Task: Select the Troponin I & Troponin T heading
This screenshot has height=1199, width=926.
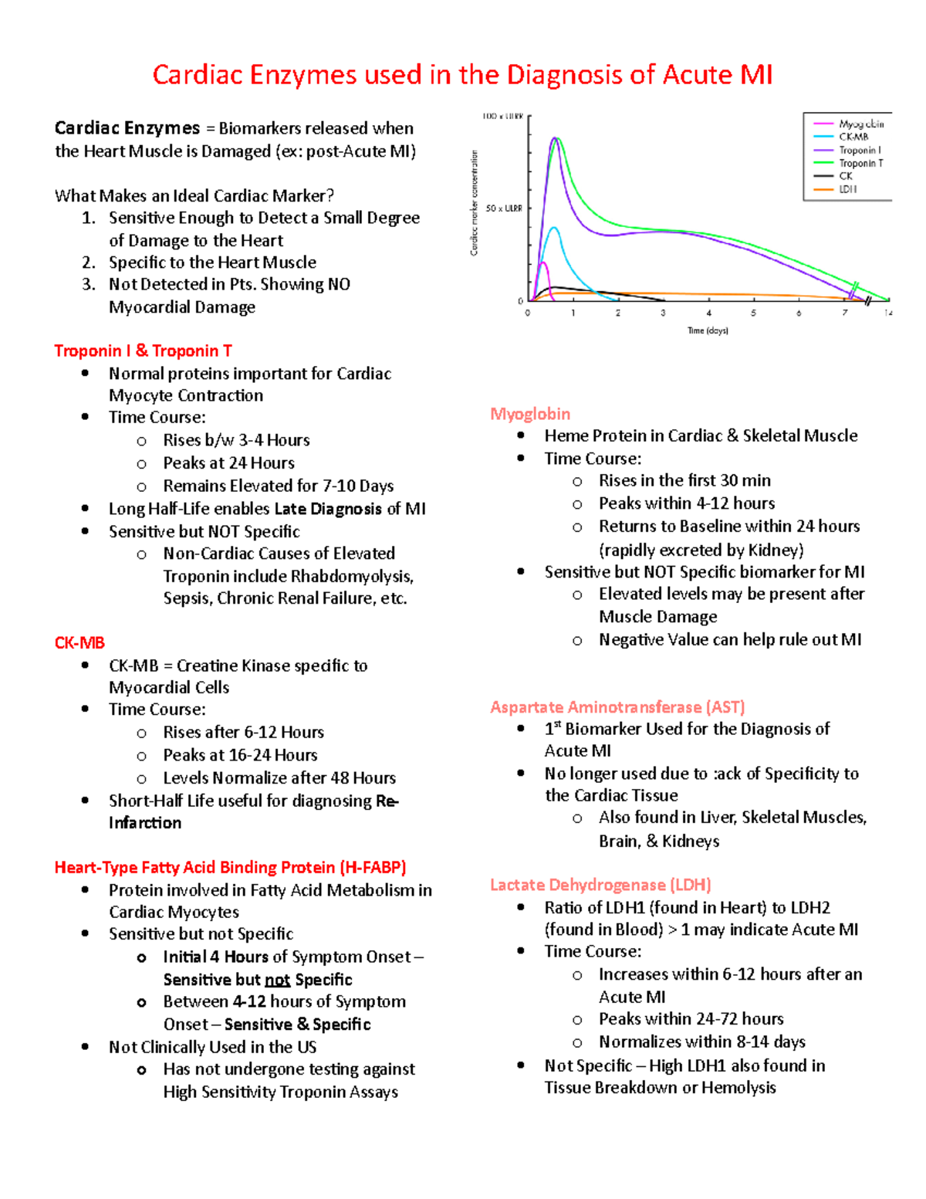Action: click(143, 351)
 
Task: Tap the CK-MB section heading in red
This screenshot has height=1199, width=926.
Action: click(79, 643)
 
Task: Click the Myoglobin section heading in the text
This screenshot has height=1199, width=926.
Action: click(530, 414)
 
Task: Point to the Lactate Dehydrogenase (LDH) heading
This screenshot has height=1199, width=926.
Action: click(600, 885)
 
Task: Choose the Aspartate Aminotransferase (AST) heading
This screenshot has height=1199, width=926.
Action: click(617, 707)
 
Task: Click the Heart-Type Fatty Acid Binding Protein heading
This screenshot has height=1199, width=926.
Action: click(230, 868)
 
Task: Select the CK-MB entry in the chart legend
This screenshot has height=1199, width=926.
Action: click(853, 137)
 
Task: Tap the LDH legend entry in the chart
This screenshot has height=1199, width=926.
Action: click(848, 189)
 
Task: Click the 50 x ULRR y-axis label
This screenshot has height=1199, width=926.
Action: click(503, 208)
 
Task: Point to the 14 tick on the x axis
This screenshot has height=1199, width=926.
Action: click(888, 313)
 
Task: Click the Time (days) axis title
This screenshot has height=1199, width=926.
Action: click(708, 330)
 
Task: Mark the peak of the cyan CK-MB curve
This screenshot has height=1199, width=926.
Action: click(553, 228)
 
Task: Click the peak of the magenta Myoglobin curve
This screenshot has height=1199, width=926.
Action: click(542, 263)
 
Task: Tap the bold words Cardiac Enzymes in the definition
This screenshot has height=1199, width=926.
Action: click(127, 128)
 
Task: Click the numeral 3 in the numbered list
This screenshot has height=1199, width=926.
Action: click(88, 285)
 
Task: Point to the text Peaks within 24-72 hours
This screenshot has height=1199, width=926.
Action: click(691, 1019)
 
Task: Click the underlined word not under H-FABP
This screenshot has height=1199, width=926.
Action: click(277, 980)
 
